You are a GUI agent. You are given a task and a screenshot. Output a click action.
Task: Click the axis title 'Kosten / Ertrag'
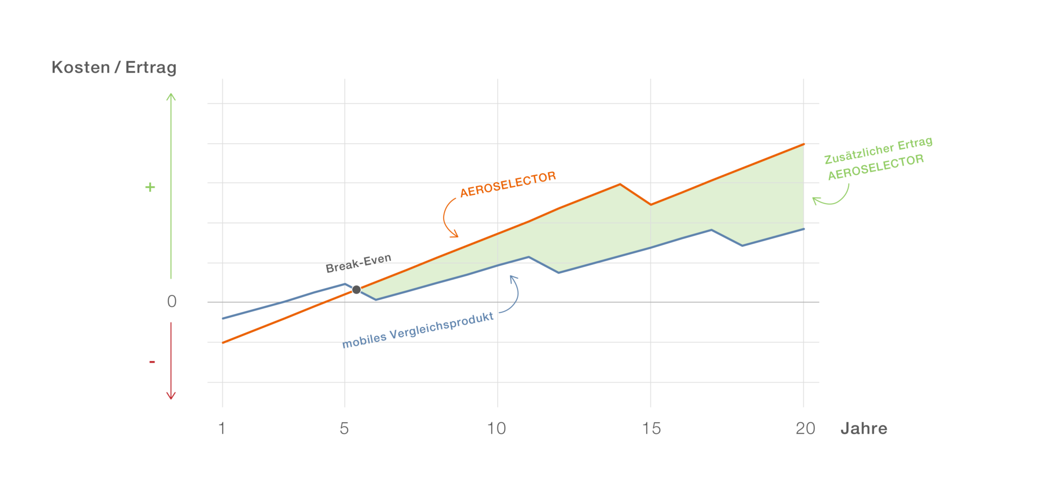(114, 68)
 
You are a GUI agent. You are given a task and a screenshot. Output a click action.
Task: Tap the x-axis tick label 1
(222, 428)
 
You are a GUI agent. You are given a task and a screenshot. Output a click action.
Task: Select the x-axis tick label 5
(344, 428)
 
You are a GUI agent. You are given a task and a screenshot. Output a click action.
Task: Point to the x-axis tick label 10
(496, 428)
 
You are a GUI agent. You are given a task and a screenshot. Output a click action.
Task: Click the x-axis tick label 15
(651, 428)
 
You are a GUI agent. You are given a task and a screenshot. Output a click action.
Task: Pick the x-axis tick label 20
(805, 428)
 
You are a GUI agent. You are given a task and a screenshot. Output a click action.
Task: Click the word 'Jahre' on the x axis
(864, 428)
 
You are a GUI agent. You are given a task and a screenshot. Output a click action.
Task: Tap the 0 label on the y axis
(171, 301)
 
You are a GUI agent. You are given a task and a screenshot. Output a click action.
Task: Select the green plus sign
(150, 187)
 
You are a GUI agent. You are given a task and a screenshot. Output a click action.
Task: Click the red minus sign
(152, 362)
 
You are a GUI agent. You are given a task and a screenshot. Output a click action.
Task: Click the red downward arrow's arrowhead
(171, 396)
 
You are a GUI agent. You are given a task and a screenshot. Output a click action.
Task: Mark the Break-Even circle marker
(357, 290)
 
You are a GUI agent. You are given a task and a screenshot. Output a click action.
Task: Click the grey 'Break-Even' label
(358, 263)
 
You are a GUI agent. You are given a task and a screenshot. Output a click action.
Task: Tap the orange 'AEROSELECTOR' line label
(508, 184)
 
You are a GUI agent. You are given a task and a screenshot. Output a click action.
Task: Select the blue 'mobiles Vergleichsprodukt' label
(418, 330)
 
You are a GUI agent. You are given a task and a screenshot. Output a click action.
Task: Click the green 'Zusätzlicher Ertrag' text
(878, 150)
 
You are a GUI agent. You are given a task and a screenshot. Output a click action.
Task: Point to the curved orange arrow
(447, 217)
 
